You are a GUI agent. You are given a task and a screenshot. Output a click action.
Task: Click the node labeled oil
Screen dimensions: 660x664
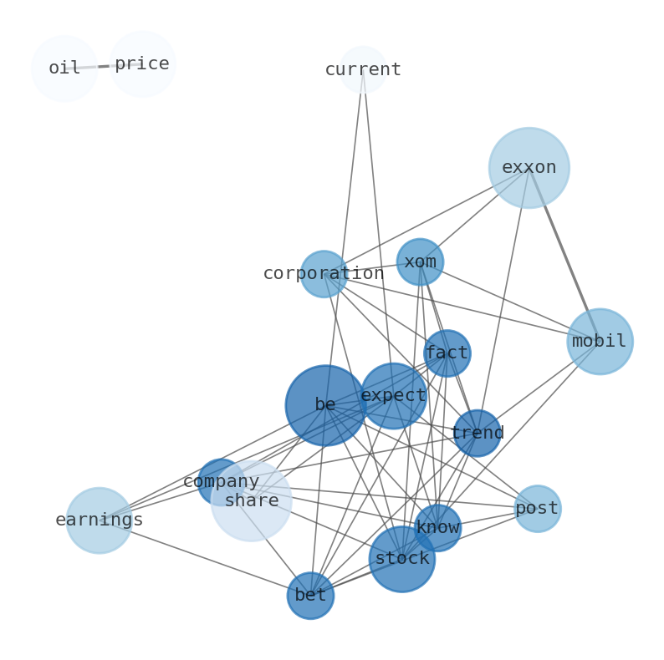point(64,69)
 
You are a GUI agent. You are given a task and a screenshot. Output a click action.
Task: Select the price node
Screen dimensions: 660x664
point(142,64)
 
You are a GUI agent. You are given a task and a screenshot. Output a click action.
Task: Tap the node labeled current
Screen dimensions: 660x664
point(363,69)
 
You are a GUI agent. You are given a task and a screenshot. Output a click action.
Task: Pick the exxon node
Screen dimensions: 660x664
point(529,168)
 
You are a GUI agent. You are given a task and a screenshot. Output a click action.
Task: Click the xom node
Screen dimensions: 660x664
point(420,262)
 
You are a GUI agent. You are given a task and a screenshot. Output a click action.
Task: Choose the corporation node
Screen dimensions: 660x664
point(324,274)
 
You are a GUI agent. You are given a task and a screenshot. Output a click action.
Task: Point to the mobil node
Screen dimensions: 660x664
point(600,342)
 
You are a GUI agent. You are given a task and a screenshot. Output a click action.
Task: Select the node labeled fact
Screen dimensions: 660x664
point(447,353)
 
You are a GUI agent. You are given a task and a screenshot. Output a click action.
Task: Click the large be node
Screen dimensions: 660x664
point(325,405)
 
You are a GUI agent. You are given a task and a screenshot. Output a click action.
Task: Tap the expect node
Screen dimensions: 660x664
point(393,396)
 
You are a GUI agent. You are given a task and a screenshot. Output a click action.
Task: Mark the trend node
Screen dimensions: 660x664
point(477,434)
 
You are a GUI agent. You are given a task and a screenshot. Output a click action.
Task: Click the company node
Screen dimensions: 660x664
point(220,482)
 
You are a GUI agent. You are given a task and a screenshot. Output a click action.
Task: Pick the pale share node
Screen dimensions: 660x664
point(251,501)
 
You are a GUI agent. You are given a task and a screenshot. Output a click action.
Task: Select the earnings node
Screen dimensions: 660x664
point(99,520)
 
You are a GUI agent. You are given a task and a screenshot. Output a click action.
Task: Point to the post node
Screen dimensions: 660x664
point(537,509)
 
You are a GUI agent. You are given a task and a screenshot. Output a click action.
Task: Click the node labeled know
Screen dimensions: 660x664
point(437,528)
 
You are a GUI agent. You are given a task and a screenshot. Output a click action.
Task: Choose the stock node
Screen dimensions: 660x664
point(402,559)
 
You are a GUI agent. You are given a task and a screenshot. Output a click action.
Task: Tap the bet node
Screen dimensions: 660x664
point(310,596)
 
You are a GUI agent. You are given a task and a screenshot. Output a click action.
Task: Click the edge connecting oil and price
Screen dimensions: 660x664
point(104,66)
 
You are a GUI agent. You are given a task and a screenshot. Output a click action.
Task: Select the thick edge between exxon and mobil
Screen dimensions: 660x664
point(564,254)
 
